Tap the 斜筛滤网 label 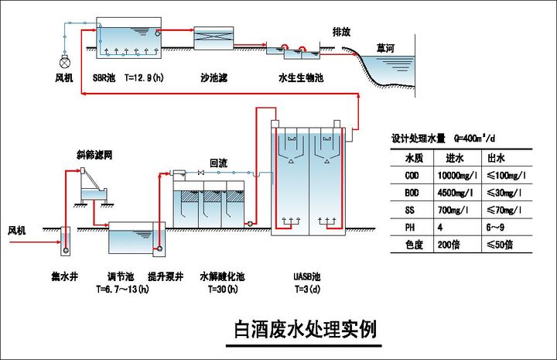tap(95, 155)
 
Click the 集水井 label tap(64, 275)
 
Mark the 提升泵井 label tap(163, 275)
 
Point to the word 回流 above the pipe tap(218, 163)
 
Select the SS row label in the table tap(410, 211)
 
